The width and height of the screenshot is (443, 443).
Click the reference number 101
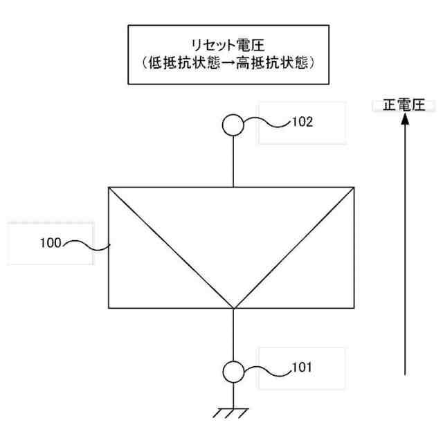coord(301,367)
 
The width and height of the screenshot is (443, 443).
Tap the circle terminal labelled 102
coord(233,125)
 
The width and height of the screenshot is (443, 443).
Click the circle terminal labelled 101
coord(233,370)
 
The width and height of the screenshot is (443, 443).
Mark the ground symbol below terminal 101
coord(233,413)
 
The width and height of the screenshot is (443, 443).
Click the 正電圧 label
coord(403,105)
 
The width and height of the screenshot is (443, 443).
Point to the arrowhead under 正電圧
coord(404,119)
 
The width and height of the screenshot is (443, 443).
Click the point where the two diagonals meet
coord(233,308)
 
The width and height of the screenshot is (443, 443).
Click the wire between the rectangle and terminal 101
coord(233,335)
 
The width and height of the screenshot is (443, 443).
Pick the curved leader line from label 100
coord(87,244)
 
